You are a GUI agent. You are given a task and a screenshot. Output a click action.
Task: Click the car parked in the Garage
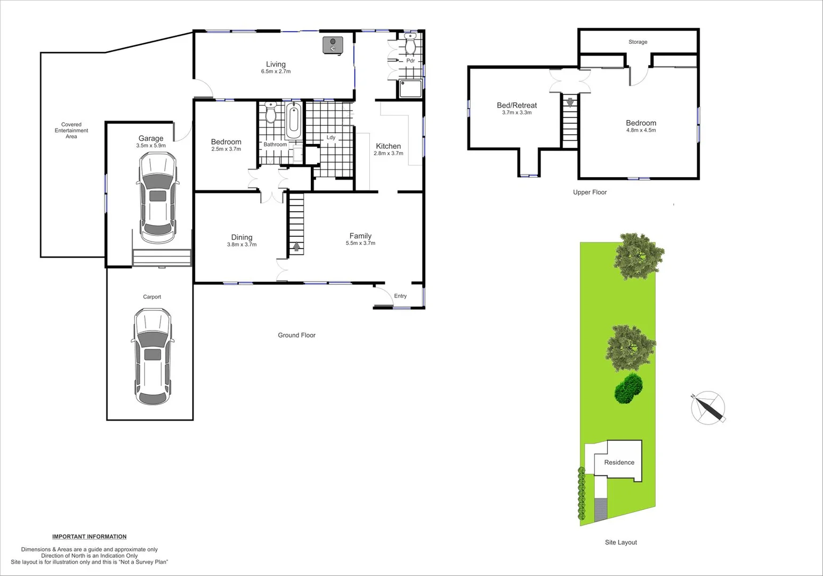click(157, 198)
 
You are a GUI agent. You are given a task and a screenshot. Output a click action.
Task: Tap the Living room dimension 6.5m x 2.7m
click(276, 71)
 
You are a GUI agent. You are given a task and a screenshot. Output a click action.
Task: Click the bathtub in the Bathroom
click(293, 121)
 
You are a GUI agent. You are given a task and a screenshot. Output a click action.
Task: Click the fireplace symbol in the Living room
click(333, 45)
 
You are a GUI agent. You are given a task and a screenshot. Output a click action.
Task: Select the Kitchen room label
click(388, 146)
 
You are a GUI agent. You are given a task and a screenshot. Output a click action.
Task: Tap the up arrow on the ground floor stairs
click(296, 247)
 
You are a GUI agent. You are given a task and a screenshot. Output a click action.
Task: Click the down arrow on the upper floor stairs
click(570, 102)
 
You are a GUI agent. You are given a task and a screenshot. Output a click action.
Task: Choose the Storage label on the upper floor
click(638, 42)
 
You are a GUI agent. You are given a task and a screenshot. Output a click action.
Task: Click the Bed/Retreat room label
click(517, 106)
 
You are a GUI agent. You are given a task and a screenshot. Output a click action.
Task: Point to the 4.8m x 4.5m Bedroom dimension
click(641, 130)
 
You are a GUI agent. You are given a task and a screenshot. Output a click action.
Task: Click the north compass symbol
click(708, 408)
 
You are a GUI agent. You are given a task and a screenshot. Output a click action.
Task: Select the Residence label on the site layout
click(619, 462)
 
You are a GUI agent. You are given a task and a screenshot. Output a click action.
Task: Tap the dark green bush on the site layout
click(629, 388)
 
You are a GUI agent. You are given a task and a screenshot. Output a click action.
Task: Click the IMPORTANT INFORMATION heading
click(89, 537)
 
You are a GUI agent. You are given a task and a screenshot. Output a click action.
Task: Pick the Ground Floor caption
click(296, 335)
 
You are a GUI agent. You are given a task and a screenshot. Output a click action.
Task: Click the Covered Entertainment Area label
click(71, 130)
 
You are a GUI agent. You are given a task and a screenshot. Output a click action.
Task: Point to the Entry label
click(400, 296)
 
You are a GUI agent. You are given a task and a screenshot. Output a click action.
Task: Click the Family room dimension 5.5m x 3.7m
click(360, 243)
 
